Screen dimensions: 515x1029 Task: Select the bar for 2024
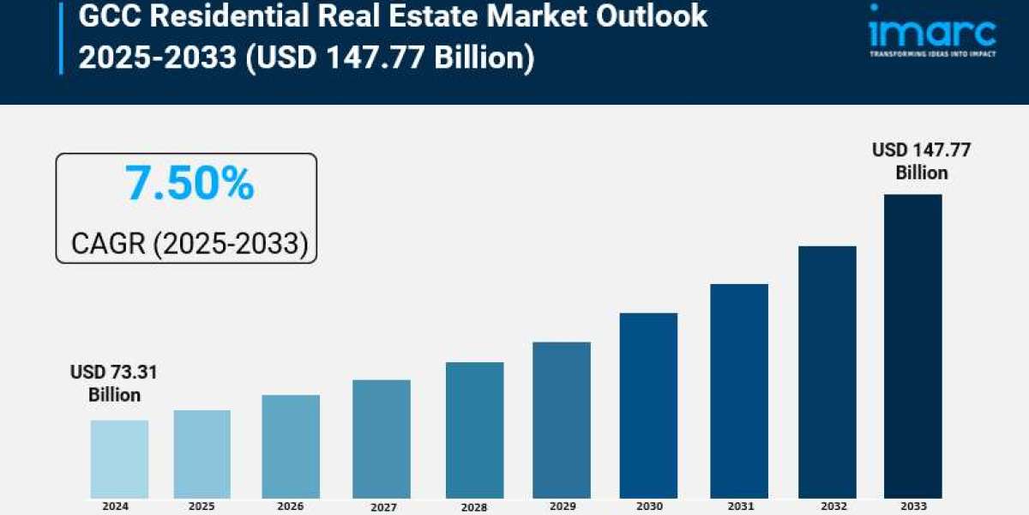[x=119, y=459]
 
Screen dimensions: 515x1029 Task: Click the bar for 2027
[x=382, y=439]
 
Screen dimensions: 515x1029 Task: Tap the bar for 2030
[x=648, y=405]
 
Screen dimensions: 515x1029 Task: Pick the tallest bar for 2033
[x=913, y=346]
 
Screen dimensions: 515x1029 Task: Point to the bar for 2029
[x=561, y=420]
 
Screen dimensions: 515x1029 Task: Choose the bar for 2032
[x=827, y=372]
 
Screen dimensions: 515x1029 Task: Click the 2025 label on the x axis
[x=202, y=506]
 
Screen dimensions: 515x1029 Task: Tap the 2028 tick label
[x=473, y=507]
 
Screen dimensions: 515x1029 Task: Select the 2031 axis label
[x=739, y=506]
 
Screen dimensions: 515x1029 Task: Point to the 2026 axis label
[x=291, y=506]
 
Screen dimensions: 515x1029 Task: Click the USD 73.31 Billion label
[x=114, y=384]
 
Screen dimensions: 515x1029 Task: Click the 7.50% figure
[x=190, y=184]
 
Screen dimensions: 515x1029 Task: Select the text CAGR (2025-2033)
[x=189, y=244]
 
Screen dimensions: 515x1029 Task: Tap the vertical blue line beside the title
[x=61, y=38]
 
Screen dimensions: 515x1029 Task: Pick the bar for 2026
[x=291, y=446]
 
